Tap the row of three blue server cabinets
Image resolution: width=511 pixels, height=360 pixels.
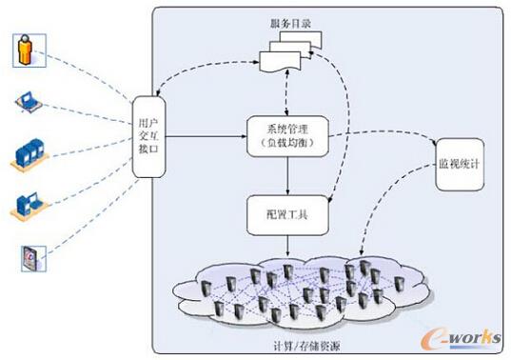[x=28, y=152]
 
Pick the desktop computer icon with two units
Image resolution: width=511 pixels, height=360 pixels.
[x=28, y=205]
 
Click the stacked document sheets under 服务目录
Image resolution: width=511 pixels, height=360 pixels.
[x=290, y=53]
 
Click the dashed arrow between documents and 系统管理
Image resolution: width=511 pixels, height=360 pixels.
[x=286, y=95]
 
